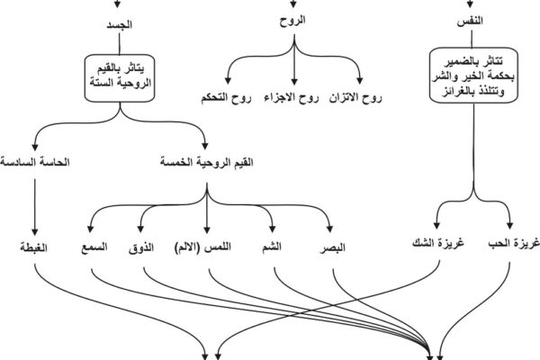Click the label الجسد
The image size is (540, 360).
[119, 25]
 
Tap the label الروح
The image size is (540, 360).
[292, 20]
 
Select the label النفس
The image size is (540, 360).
[470, 22]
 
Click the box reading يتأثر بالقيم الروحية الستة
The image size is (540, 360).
[120, 78]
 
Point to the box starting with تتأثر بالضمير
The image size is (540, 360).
[473, 76]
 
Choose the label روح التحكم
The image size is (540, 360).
[226, 98]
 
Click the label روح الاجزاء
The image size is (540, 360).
[292, 98]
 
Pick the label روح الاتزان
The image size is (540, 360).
[355, 98]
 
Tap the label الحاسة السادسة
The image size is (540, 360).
[35, 162]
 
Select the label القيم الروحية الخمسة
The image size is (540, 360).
[207, 162]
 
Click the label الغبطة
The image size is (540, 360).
[34, 247]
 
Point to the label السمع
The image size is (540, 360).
[94, 247]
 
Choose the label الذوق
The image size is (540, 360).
[141, 247]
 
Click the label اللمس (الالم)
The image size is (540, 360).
[202, 247]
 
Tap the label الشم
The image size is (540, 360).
[272, 247]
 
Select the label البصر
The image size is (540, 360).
[332, 248]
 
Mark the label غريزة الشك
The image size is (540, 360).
[438, 243]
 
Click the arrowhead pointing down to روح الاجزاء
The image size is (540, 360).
[293, 82]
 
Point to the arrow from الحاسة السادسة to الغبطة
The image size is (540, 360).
[34, 207]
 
